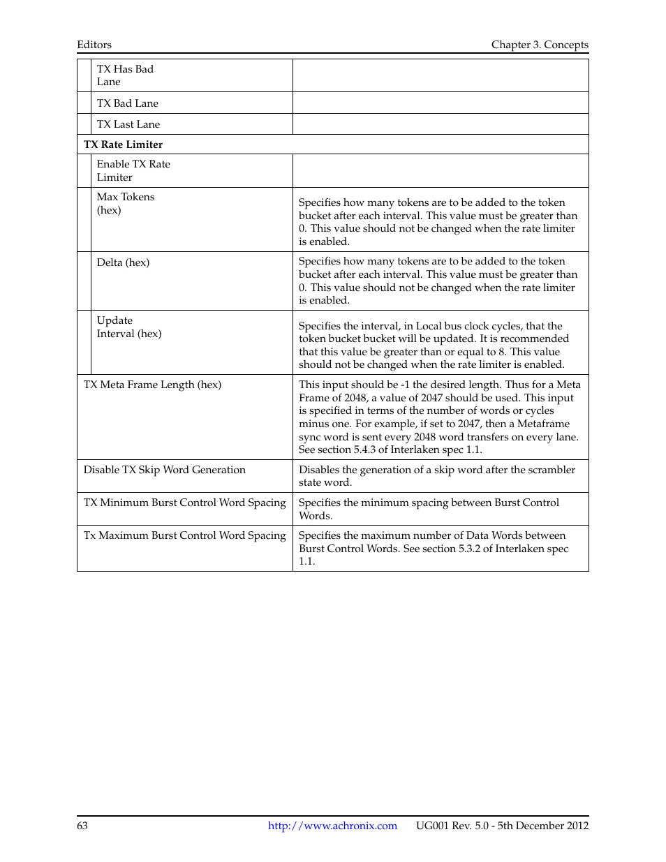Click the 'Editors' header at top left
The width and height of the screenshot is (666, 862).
click(94, 45)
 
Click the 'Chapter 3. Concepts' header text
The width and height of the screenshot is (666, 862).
click(540, 45)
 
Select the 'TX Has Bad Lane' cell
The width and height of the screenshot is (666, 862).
click(125, 75)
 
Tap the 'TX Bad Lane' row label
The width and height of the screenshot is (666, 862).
click(128, 103)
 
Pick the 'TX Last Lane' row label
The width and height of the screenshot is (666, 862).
click(128, 124)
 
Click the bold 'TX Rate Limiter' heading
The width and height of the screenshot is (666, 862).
click(123, 144)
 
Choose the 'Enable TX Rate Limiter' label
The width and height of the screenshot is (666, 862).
click(133, 170)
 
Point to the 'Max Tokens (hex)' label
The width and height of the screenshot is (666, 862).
click(126, 203)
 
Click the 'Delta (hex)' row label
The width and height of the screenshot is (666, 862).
click(123, 262)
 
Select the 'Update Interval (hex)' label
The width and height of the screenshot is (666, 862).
click(129, 327)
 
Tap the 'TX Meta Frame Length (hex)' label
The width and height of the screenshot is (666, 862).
click(152, 385)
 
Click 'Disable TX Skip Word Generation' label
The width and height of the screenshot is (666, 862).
click(165, 470)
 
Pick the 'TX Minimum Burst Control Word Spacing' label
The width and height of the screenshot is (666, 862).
click(185, 503)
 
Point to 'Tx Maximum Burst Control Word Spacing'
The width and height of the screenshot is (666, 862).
click(185, 535)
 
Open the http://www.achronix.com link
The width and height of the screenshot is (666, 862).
click(332, 826)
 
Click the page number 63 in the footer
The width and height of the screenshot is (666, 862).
click(82, 826)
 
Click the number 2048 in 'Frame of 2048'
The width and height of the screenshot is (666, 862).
click(353, 398)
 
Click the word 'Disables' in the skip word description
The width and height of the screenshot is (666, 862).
click(320, 470)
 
